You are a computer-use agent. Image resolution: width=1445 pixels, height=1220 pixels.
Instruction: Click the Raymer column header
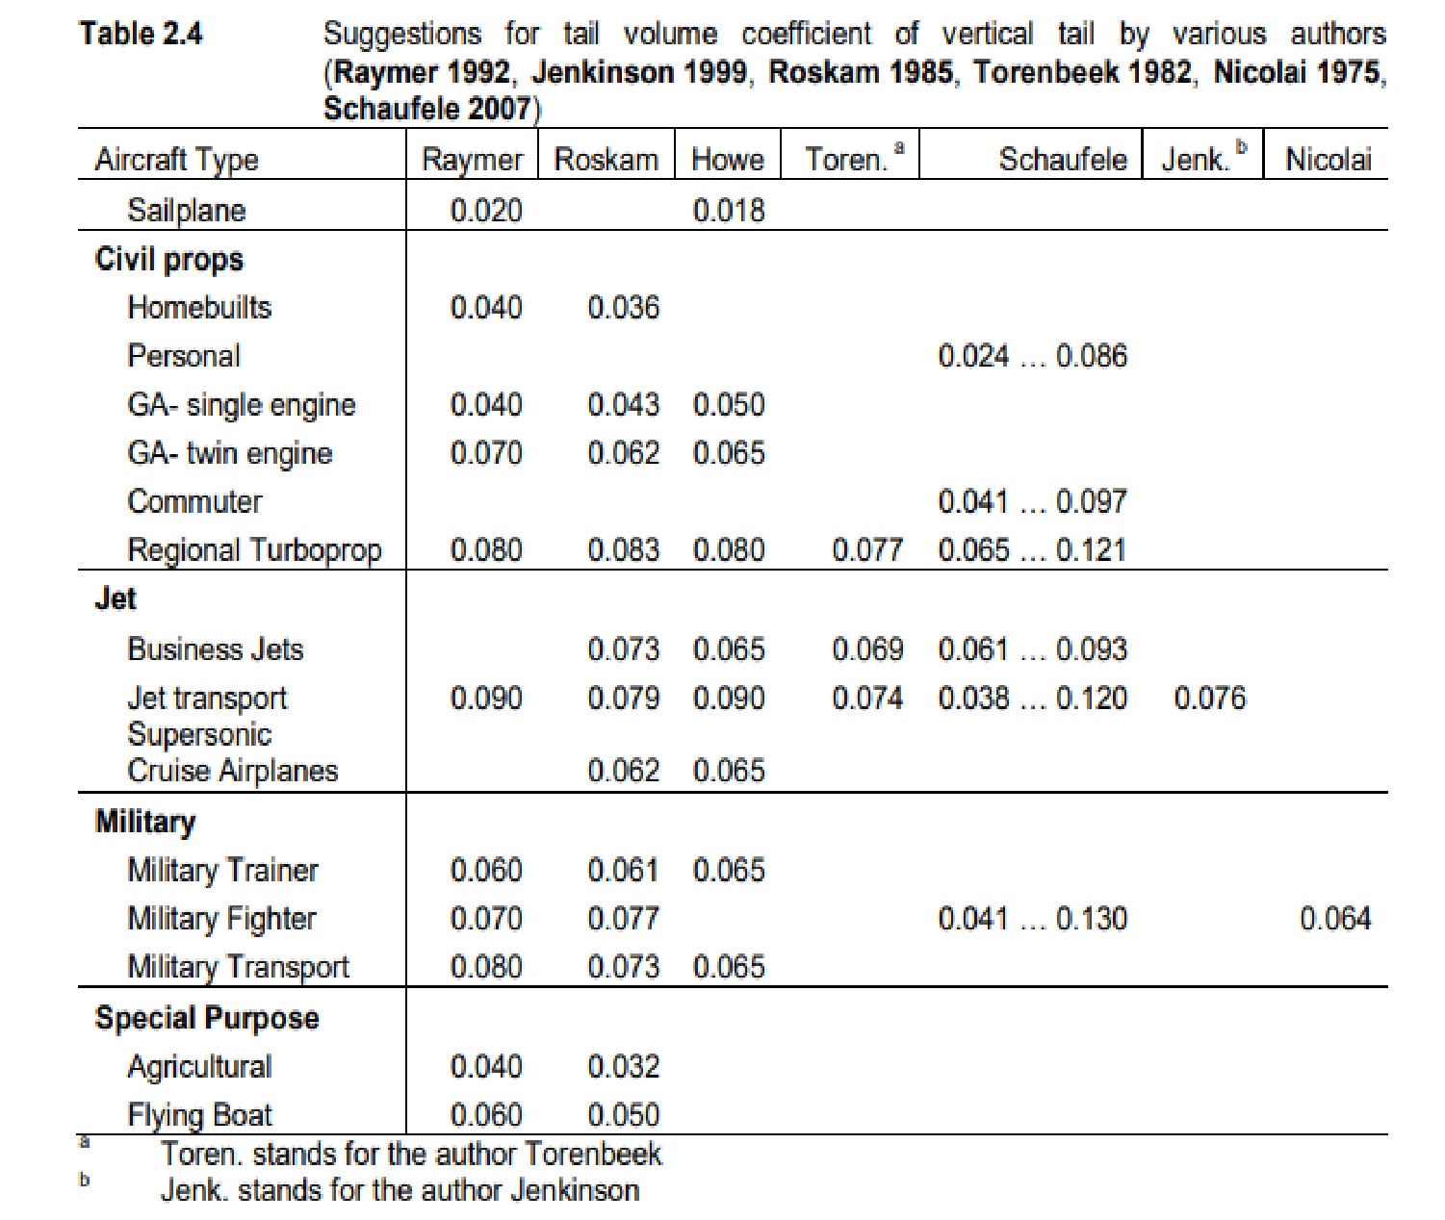472,159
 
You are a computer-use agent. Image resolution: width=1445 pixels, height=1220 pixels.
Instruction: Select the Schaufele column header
1062,159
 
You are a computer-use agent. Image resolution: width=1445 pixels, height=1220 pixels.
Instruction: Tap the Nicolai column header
1328,159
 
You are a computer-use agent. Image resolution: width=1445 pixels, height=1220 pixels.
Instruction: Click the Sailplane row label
186,210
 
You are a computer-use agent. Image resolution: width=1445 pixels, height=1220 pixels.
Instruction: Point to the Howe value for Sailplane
729,210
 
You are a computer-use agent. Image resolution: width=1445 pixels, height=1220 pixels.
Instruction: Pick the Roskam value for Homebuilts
623,307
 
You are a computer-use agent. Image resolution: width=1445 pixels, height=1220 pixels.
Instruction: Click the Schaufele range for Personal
1032,356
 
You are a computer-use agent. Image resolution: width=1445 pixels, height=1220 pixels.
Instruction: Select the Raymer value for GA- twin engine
486,453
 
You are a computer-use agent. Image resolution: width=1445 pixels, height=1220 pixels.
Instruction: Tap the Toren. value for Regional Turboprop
867,550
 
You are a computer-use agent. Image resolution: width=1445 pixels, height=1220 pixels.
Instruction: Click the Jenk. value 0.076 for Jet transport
1209,698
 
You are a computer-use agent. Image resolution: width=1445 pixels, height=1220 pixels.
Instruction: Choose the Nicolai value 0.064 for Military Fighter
1335,918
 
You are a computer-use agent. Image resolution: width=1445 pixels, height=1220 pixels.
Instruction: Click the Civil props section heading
169,259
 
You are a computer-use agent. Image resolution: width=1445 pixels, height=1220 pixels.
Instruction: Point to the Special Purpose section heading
207,1018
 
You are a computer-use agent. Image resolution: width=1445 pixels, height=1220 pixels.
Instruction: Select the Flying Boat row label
199,1114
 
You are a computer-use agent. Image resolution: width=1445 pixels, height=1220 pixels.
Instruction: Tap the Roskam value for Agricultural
623,1066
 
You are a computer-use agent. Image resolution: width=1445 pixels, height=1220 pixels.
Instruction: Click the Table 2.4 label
141,34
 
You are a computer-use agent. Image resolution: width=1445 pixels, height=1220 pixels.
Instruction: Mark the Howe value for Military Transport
729,966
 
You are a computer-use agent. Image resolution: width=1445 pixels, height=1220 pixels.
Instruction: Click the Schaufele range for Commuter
1032,501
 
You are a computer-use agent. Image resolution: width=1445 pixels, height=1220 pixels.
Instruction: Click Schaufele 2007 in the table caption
427,108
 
